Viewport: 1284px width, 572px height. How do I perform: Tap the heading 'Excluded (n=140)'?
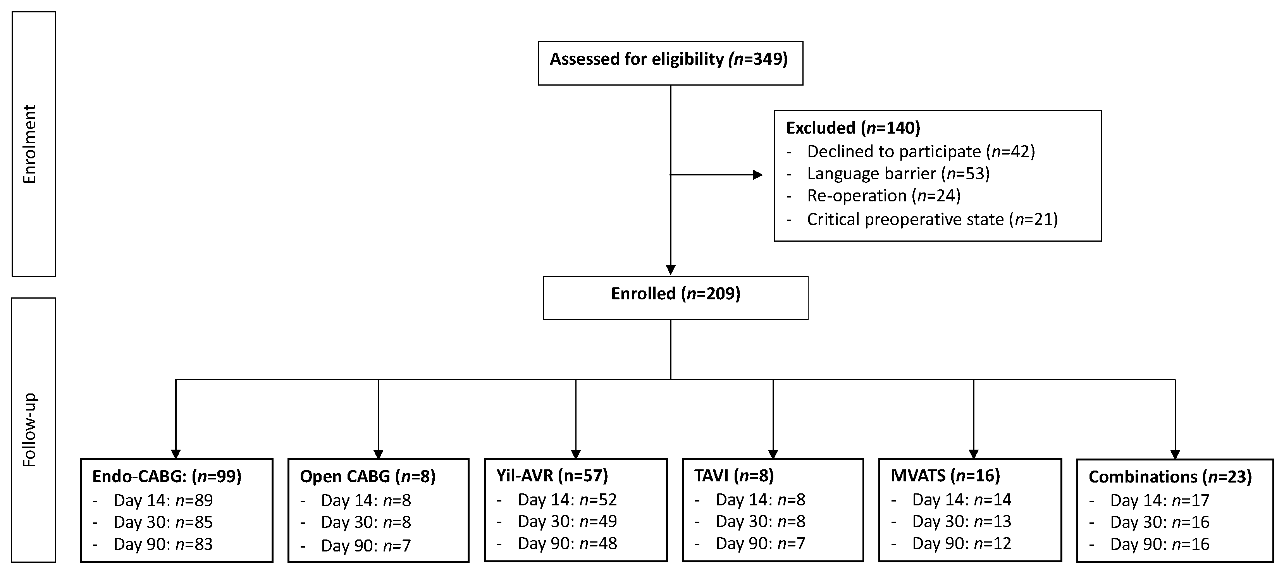click(853, 128)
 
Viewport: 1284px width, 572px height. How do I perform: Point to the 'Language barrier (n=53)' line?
click(898, 173)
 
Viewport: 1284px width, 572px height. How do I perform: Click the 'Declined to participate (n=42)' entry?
click(920, 151)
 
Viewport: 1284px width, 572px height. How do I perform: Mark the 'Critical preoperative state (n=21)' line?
click(931, 219)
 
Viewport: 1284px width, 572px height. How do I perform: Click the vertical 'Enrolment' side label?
click(30, 144)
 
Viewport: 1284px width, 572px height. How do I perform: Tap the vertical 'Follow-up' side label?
click(30, 430)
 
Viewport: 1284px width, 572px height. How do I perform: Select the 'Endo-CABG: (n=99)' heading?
click(167, 477)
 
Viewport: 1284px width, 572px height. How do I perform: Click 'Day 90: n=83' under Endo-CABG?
click(163, 544)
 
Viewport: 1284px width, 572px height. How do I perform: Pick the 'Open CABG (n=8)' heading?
click(367, 477)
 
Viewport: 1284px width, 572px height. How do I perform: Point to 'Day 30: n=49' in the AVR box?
click(567, 522)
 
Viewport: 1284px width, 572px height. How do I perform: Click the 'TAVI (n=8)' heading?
click(734, 476)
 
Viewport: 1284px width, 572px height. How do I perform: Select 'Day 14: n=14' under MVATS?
click(962, 499)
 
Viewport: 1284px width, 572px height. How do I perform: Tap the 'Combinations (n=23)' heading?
click(1170, 477)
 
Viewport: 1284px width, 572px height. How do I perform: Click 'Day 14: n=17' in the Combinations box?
click(1159, 500)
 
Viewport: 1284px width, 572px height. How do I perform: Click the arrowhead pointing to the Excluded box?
click(757, 175)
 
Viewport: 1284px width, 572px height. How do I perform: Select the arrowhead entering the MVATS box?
click(974, 454)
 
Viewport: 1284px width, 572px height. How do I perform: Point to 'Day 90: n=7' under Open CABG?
click(366, 546)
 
